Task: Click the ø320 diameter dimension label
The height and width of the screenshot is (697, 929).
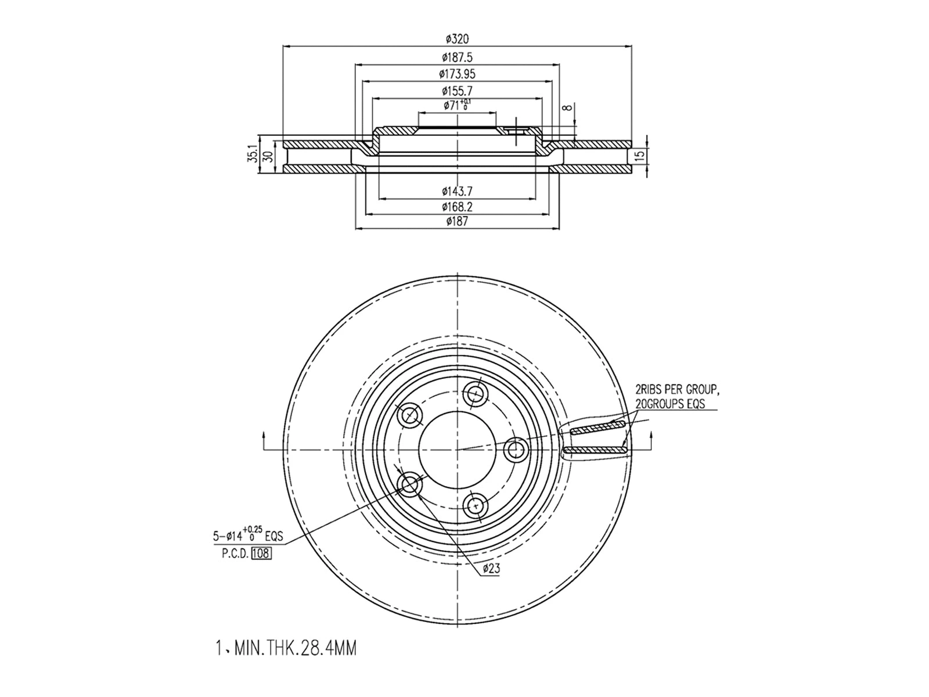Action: click(457, 39)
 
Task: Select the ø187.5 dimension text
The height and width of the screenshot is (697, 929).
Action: click(457, 57)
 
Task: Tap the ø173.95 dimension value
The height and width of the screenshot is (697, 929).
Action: click(457, 74)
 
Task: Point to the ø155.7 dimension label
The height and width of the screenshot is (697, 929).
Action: click(457, 91)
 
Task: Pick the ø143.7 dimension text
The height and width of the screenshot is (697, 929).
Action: click(457, 191)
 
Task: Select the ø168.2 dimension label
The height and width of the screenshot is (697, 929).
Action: click(457, 206)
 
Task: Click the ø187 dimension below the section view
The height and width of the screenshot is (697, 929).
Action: click(457, 221)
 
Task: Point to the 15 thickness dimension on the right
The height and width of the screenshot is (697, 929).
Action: click(639, 156)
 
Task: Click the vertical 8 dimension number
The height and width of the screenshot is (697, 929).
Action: click(569, 107)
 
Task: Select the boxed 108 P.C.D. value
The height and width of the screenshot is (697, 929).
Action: click(261, 553)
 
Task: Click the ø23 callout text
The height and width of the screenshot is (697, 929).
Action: click(491, 569)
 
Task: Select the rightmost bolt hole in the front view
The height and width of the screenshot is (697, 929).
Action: click(514, 449)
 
